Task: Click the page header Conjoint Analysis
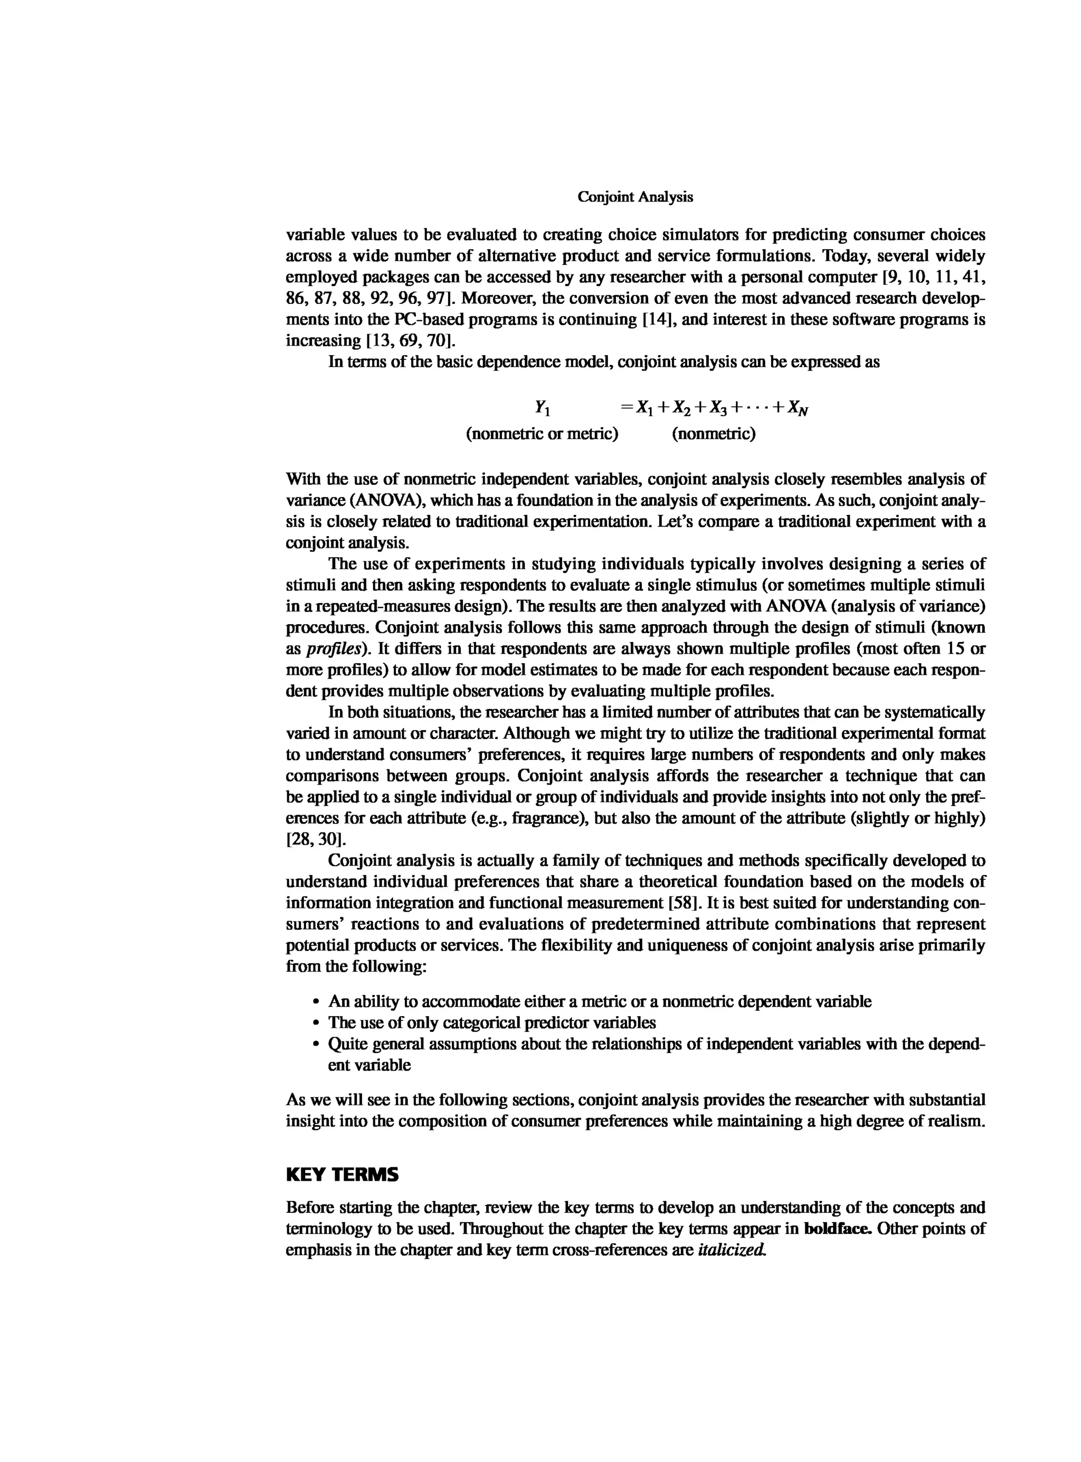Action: click(635, 197)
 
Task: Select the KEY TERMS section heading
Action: click(342, 1175)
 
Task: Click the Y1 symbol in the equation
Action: click(543, 408)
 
